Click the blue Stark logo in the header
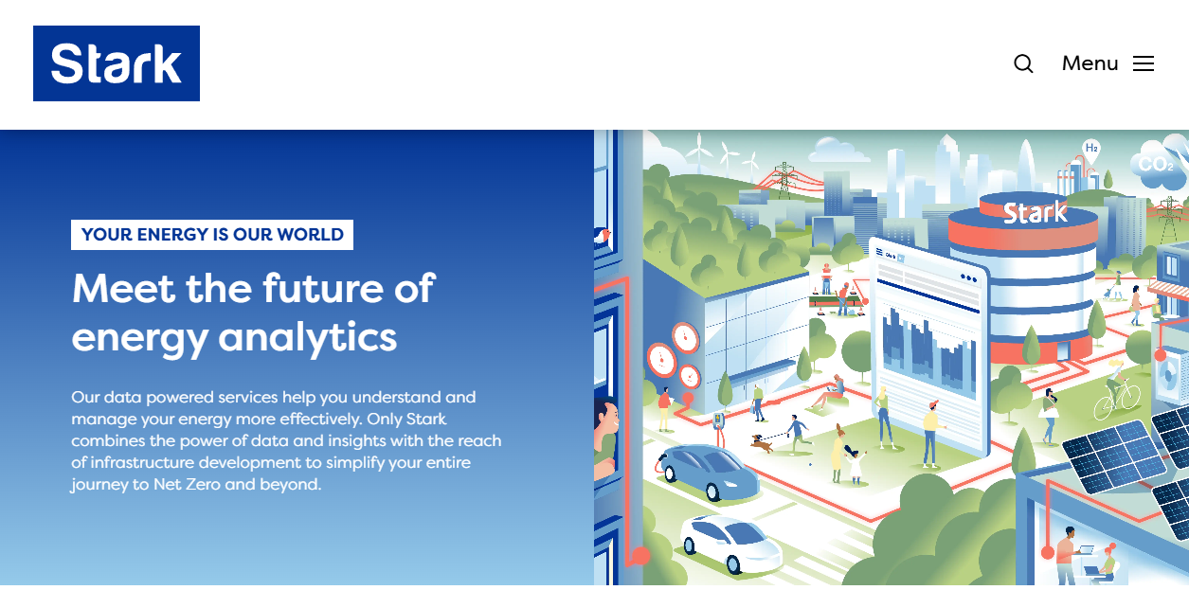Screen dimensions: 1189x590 (117, 63)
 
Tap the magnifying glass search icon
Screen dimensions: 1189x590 (1023, 63)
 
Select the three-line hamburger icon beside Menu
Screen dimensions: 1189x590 (1144, 63)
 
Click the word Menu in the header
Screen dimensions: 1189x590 (1090, 63)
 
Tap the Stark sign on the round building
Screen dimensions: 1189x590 (1035, 213)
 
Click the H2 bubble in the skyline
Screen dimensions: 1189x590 (1090, 149)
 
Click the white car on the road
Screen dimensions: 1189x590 (730, 543)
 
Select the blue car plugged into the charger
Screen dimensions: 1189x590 (709, 472)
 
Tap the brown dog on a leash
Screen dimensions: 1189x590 (762, 443)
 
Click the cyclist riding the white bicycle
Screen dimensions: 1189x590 (1117, 390)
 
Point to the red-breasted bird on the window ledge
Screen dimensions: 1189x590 (602, 236)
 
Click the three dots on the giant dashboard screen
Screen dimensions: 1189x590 (968, 278)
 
